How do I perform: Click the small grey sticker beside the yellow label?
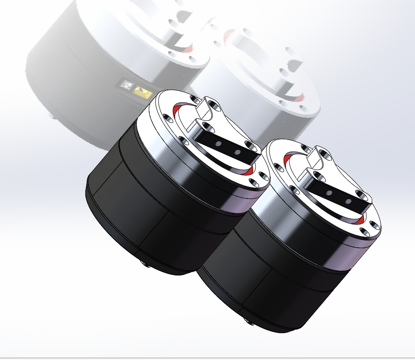click(126, 84)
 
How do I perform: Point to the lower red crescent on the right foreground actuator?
click(363, 218)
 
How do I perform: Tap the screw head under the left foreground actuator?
click(146, 264)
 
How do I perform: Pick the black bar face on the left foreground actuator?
click(228, 147)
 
